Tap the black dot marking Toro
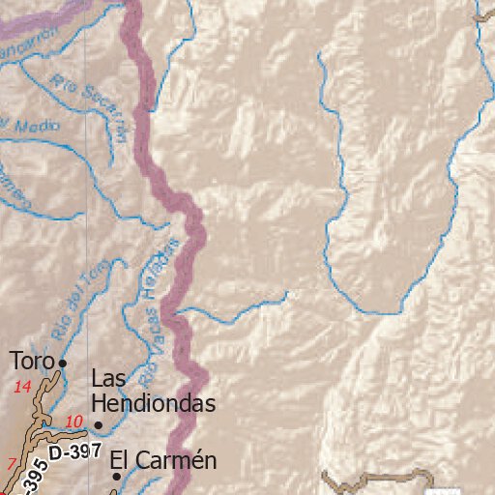click(62, 363)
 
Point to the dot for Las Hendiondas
click(98, 424)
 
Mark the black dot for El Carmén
click(117, 476)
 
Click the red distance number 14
click(22, 388)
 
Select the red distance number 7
click(11, 463)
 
